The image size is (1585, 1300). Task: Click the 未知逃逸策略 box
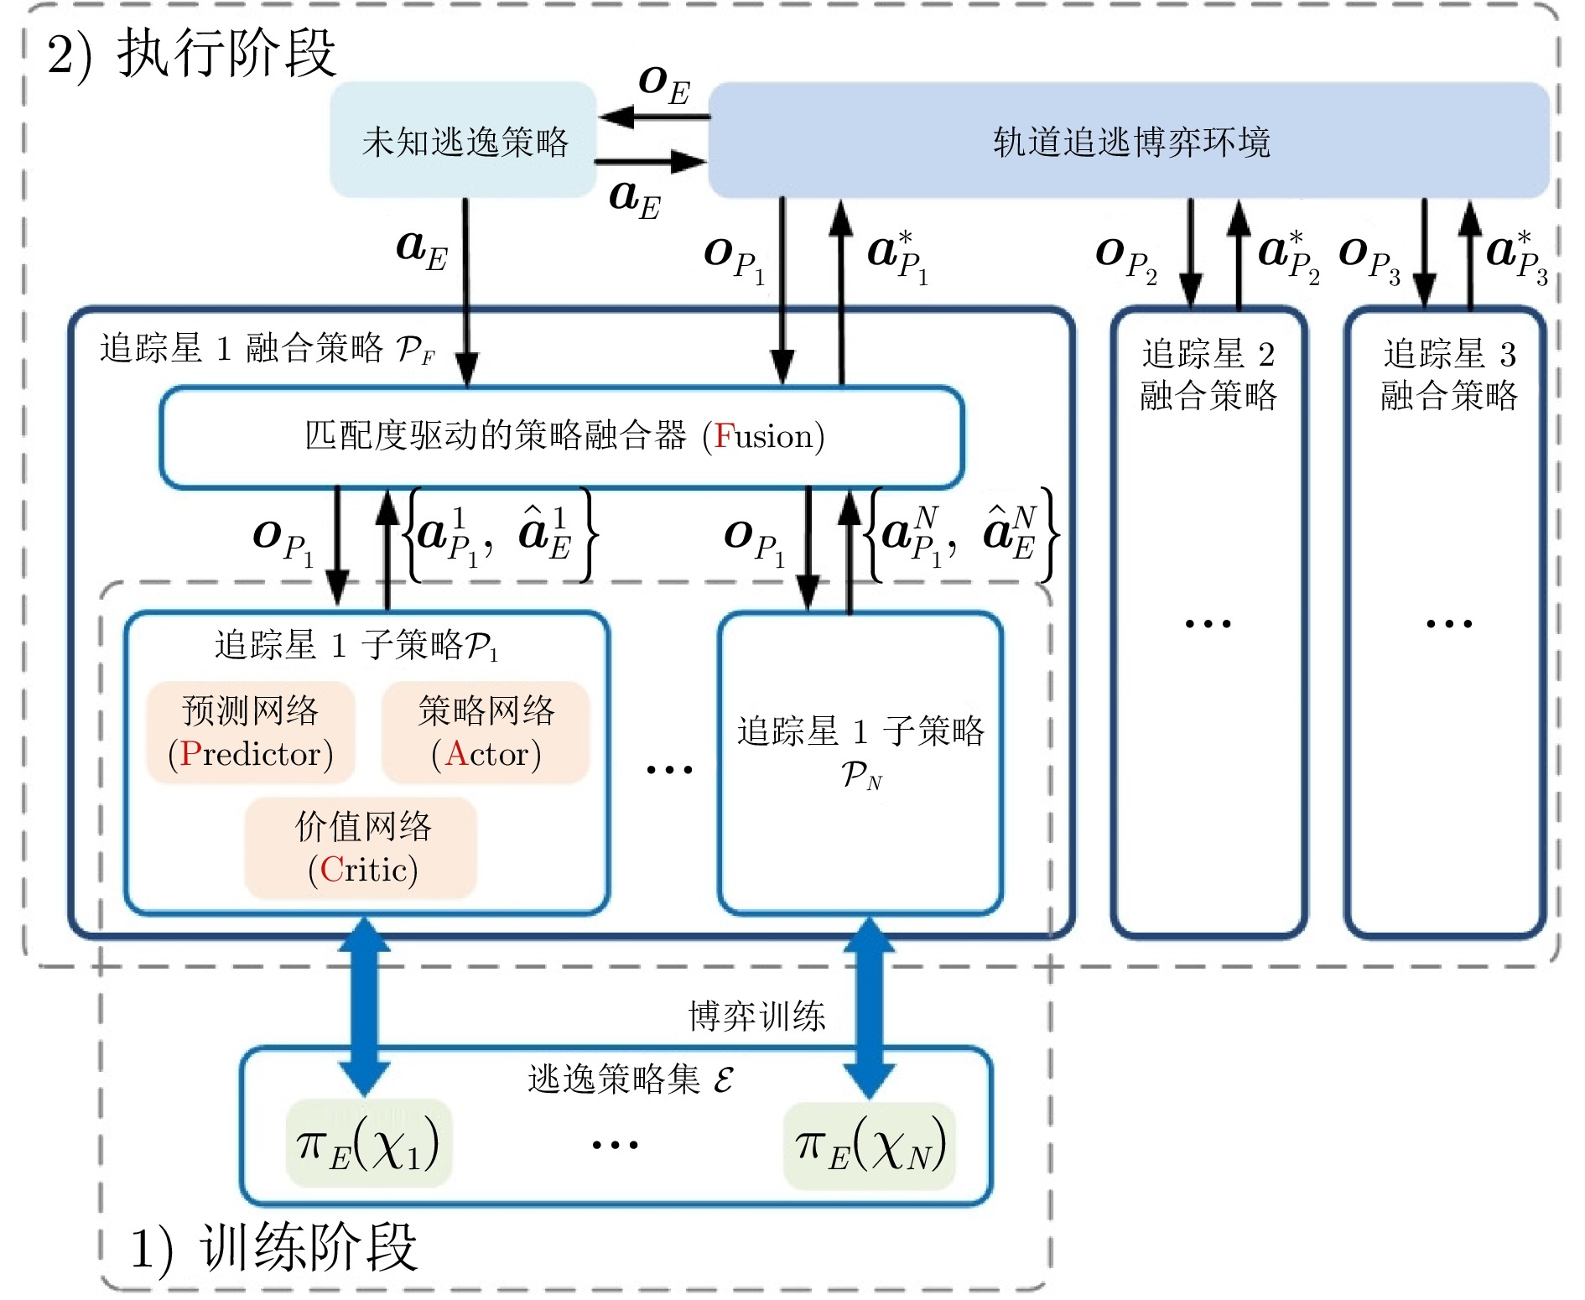coord(464,140)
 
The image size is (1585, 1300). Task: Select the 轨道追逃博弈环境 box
coord(1129,140)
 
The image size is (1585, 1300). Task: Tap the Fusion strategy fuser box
coord(562,436)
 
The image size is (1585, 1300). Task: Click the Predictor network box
coord(251,732)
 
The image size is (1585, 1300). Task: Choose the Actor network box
coord(486,732)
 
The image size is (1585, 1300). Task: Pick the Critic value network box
coord(361,848)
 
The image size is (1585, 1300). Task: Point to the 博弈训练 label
coord(756,1016)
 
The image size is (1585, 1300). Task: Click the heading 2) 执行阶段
coord(192,53)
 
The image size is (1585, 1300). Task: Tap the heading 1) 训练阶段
coord(273,1247)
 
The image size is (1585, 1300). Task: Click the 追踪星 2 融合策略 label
coord(1208,374)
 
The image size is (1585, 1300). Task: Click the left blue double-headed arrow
coord(364,1006)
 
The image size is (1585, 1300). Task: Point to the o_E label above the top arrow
coord(663,85)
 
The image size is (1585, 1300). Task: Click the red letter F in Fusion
coord(724,436)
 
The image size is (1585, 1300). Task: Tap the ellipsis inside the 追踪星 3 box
coord(1448,623)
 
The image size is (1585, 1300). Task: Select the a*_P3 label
coord(1516,256)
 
